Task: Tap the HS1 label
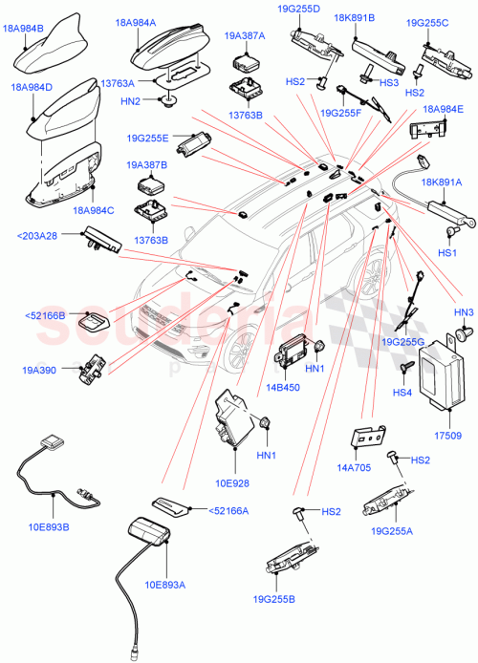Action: pyautogui.click(x=446, y=252)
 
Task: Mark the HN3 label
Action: pyautogui.click(x=464, y=312)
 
